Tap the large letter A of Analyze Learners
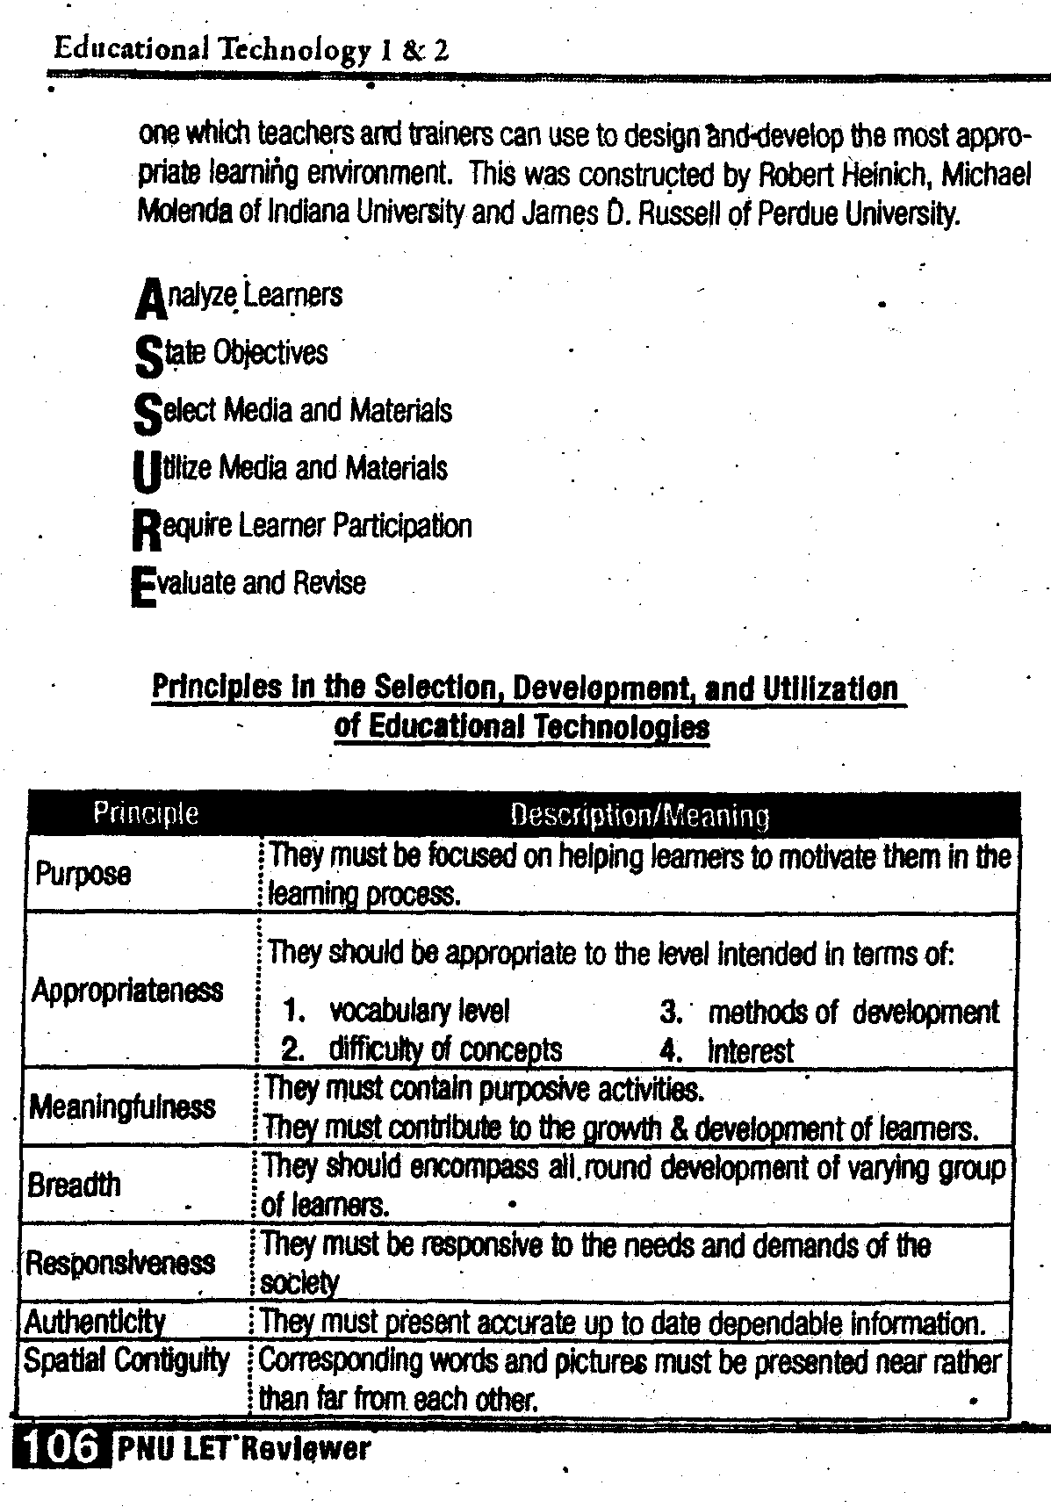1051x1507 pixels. pos(150,299)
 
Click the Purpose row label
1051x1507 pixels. pos(83,874)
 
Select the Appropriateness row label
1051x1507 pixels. pos(127,991)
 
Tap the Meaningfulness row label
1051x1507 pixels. pos(122,1107)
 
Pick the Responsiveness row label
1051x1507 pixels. pos(120,1263)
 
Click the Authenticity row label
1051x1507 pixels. pos(95,1321)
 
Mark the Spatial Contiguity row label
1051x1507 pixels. pos(126,1360)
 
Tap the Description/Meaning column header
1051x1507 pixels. pos(639,816)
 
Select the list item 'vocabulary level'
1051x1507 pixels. pos(419,1012)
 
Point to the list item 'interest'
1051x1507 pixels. pos(751,1050)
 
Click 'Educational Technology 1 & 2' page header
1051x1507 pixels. pos(251,48)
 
